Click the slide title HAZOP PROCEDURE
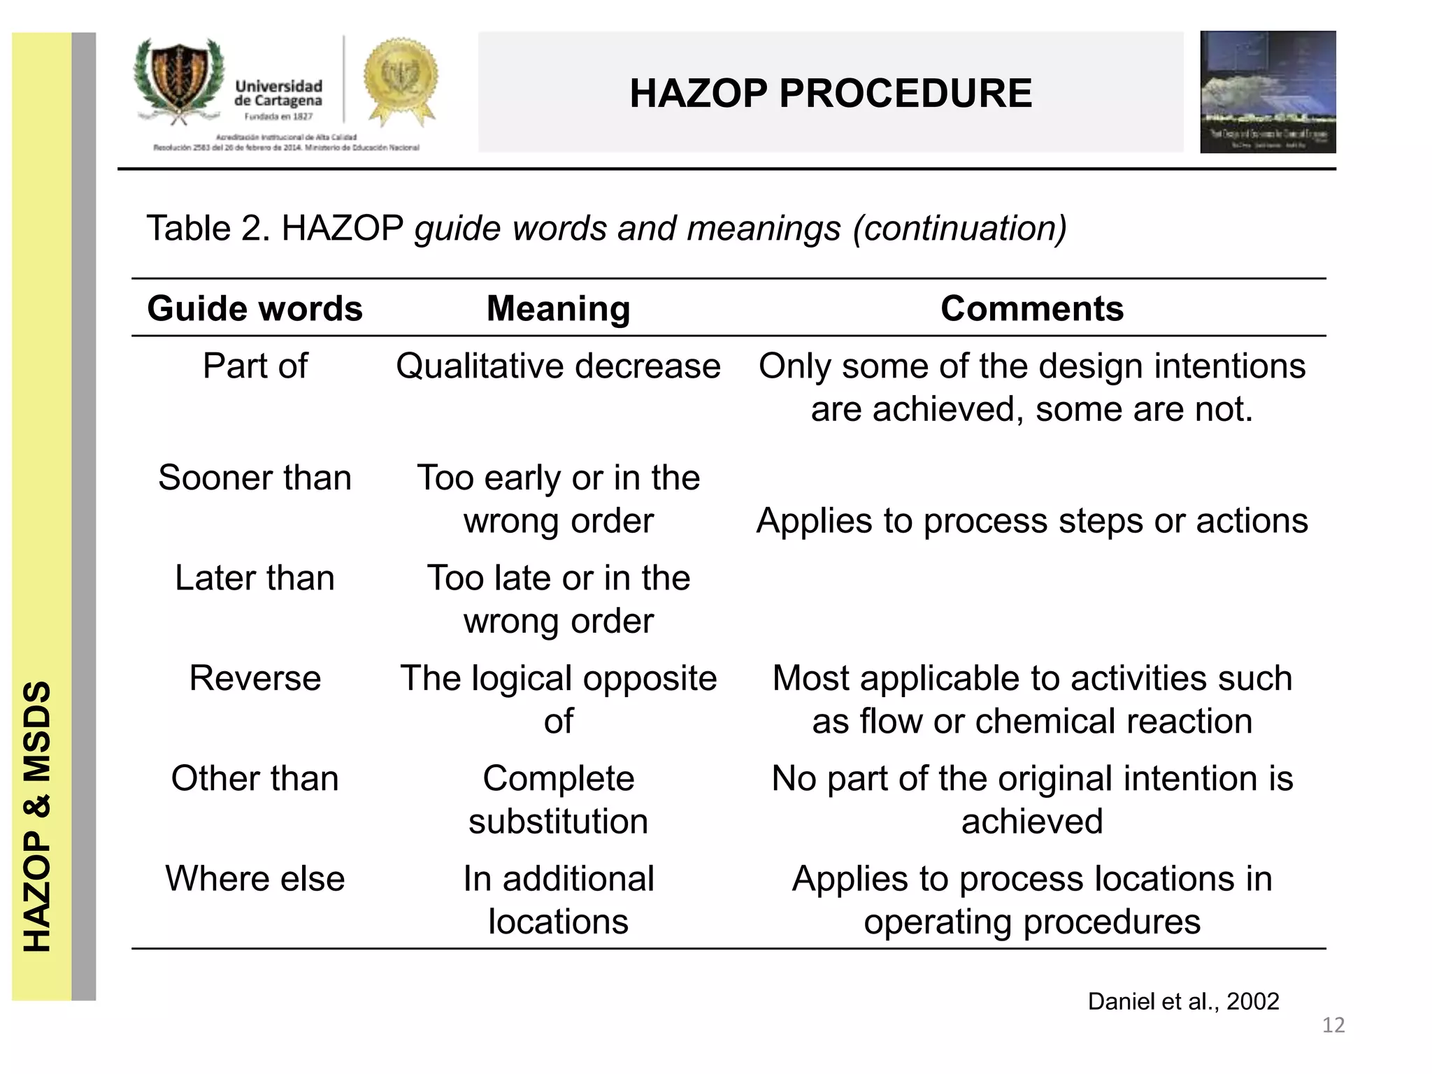coord(830,93)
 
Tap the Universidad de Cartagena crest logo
coord(179,80)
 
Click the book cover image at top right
coord(1267,92)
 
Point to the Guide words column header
coord(255,308)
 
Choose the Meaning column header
coord(558,308)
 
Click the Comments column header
coord(1031,308)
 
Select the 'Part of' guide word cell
coord(255,366)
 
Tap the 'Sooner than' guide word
coord(255,478)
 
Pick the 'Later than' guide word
coord(255,578)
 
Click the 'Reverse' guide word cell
coord(255,678)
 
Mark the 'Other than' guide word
coord(255,778)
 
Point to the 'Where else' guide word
coord(255,879)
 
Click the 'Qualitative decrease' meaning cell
coord(558,366)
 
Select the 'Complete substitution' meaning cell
coord(558,799)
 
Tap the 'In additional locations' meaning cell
coord(558,900)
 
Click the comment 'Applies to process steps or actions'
coord(1031,521)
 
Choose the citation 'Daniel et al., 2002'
coord(1183,1001)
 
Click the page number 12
coord(1333,1025)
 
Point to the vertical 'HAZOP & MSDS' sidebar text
coord(38,816)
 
